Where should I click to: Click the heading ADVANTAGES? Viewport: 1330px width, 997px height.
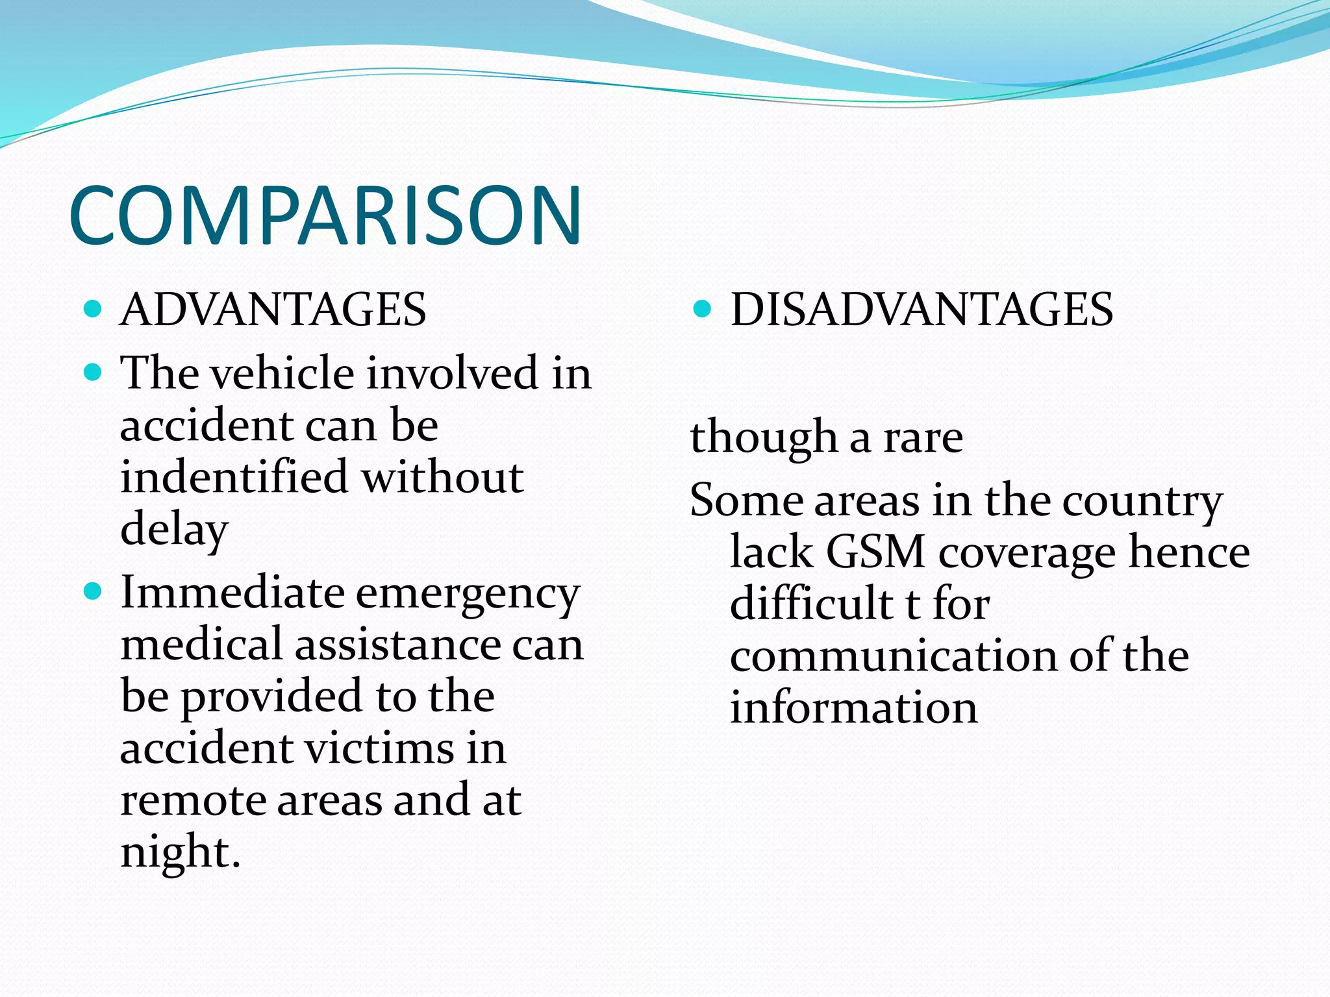273,310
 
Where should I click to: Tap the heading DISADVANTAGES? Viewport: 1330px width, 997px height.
922,310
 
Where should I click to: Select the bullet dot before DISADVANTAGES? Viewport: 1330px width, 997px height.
702,308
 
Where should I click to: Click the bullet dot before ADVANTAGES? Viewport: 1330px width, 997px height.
94,308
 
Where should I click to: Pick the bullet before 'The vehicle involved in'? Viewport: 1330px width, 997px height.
94,373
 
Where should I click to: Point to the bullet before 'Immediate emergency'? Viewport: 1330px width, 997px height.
94,591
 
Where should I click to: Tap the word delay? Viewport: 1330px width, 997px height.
174,529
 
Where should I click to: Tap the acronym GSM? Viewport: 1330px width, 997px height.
875,552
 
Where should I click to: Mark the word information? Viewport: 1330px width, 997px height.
853,708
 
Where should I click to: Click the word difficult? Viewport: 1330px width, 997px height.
811,604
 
